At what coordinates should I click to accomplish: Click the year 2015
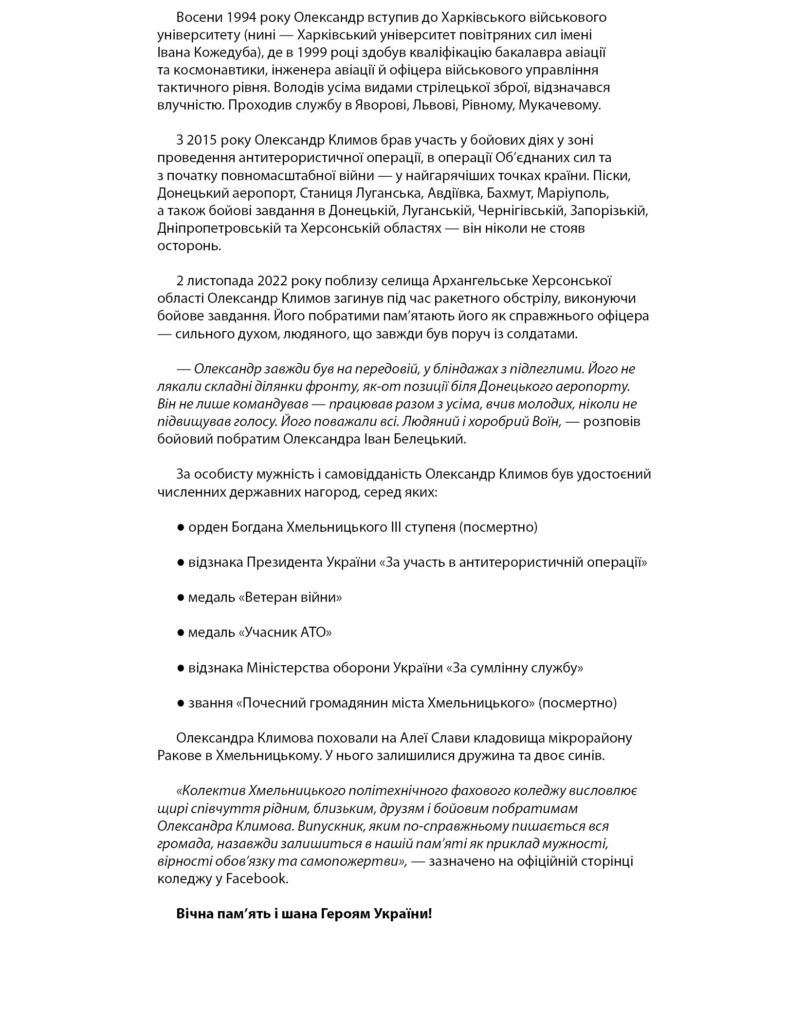201,140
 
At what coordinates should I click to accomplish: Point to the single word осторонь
189,245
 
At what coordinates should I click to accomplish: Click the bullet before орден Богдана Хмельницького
181,527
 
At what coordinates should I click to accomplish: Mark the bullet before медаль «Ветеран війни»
181,597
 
